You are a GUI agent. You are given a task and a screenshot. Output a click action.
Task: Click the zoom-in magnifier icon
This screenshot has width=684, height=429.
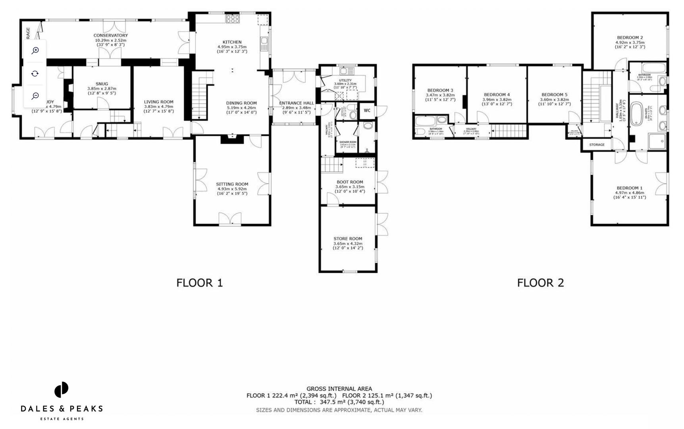tap(35, 50)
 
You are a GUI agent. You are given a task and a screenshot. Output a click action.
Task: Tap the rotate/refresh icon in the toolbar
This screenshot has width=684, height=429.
tap(35, 73)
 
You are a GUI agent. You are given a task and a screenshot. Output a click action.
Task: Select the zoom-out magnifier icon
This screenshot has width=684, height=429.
tap(35, 96)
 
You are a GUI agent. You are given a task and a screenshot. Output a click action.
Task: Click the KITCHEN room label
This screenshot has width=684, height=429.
tap(232, 42)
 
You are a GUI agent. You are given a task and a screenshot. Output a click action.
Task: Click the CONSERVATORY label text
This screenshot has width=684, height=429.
tap(110, 35)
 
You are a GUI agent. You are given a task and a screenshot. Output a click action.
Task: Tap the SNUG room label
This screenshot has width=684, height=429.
tap(102, 84)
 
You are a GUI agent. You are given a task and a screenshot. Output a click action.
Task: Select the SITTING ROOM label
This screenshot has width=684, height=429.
tap(232, 184)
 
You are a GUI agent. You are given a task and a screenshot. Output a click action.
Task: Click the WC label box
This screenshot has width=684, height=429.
tap(367, 110)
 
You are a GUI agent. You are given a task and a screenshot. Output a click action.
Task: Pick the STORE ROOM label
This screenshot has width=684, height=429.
tap(348, 239)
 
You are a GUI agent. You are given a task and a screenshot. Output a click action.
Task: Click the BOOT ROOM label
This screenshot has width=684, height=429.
tap(350, 182)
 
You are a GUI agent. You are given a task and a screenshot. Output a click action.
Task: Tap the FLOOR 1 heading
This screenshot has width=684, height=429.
tap(200, 283)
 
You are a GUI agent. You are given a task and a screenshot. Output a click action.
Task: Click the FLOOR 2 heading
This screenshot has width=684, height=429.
tap(540, 283)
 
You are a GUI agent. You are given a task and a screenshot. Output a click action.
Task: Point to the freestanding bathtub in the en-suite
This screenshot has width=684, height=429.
tap(636, 114)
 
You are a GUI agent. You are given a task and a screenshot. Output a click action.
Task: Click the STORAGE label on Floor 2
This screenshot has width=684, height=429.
tap(597, 145)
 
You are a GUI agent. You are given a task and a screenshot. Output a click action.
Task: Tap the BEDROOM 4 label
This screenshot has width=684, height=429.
tap(497, 95)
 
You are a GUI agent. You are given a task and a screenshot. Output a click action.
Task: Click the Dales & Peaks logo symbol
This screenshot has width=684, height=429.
tap(62, 390)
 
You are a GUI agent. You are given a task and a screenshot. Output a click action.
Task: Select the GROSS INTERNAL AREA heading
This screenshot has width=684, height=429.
tap(339, 389)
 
